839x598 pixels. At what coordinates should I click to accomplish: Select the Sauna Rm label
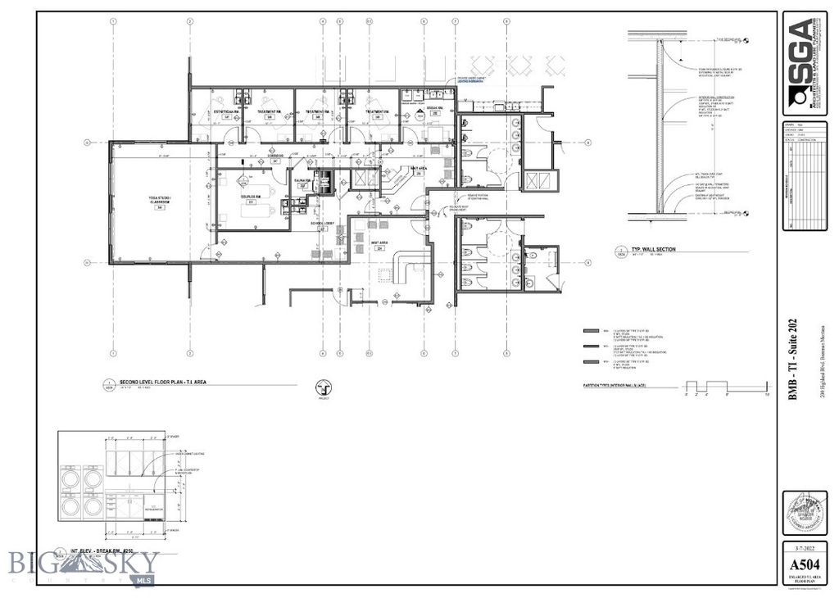302,182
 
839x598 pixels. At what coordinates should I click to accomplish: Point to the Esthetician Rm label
227,112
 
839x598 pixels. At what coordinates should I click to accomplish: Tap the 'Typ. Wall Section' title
655,249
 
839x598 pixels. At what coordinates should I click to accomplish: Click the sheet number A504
804,564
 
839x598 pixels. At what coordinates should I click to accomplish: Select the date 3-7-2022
804,546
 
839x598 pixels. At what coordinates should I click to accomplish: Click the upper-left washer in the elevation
70,478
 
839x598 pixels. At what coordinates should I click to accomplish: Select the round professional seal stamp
804,514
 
